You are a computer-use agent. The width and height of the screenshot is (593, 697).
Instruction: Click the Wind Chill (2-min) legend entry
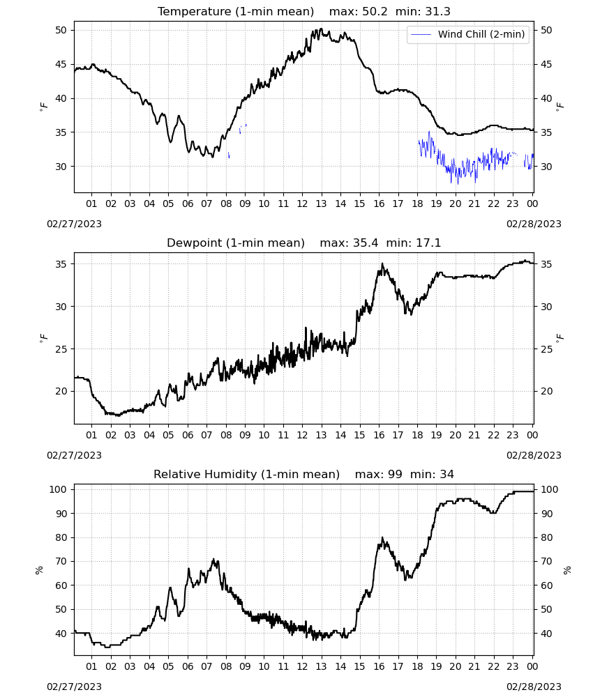[468, 34]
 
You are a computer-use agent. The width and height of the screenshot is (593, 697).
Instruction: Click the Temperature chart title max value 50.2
[375, 12]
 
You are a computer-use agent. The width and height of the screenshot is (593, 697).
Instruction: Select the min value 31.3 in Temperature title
[438, 12]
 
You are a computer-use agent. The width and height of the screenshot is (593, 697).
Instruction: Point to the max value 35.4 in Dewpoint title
[366, 243]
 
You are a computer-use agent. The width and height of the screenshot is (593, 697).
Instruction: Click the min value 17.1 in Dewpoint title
[429, 243]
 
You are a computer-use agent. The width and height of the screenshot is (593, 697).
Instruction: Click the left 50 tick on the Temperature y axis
[61, 30]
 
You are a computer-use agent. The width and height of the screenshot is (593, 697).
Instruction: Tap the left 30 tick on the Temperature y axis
[61, 167]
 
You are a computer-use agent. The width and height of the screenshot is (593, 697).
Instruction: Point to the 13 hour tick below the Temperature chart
[321, 204]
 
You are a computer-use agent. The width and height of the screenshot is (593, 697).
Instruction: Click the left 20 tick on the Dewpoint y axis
[61, 392]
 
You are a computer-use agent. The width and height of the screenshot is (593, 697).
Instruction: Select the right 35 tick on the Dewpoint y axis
[546, 264]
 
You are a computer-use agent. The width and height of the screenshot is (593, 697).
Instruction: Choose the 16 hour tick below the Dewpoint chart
[379, 435]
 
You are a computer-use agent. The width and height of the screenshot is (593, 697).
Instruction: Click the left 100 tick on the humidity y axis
[59, 489]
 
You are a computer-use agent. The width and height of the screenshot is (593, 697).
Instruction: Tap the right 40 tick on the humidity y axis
[546, 634]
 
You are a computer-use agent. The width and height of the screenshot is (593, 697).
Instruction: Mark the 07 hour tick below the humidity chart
[207, 667]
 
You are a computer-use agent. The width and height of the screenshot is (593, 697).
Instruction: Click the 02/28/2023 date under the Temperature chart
[534, 224]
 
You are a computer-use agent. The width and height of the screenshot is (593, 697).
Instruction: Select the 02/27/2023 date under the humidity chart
[74, 687]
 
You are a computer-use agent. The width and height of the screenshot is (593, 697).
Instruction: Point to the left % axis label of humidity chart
[39, 570]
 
